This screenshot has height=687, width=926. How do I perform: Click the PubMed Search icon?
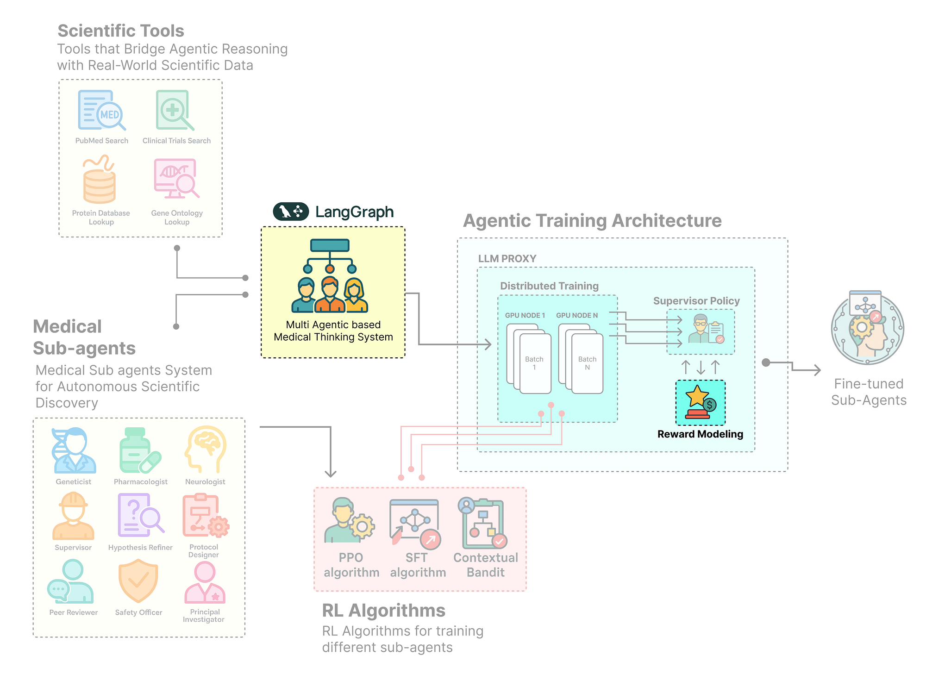point(101,110)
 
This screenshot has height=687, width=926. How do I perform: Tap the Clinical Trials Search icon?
point(174,110)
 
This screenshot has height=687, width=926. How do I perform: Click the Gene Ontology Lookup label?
point(177,217)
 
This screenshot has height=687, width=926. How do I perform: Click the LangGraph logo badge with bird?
point(291,212)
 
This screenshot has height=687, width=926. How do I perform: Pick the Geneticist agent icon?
point(74,450)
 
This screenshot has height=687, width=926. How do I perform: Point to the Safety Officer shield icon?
point(138,581)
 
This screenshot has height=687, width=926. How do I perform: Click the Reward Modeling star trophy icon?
point(700,402)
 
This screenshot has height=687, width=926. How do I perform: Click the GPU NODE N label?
point(577,315)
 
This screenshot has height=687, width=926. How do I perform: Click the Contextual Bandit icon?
point(482,523)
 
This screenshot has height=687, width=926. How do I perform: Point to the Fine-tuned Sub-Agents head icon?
point(867,328)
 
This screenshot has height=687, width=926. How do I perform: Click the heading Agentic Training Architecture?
point(592,220)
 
